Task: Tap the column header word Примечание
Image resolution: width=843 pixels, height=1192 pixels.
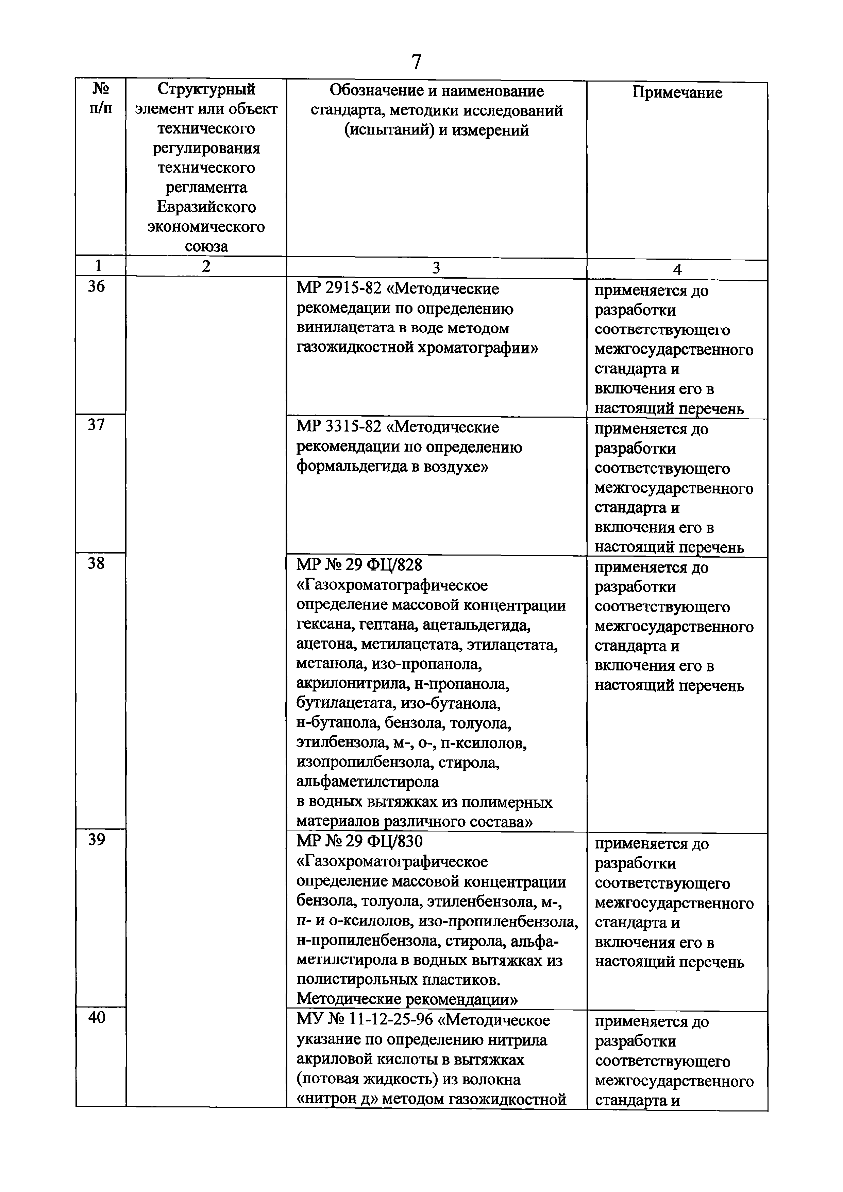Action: click(x=677, y=93)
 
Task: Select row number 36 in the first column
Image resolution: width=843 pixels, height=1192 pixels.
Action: click(x=96, y=286)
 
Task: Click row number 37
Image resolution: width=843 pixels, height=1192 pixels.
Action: click(x=96, y=425)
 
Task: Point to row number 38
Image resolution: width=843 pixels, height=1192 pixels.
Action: click(x=96, y=563)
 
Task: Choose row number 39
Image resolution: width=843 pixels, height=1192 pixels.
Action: click(x=96, y=840)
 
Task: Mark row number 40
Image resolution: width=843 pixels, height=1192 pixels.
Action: click(x=97, y=1018)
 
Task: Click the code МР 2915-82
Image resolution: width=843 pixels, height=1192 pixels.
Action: click(x=339, y=288)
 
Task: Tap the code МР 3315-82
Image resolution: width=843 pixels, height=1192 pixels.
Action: click(x=339, y=427)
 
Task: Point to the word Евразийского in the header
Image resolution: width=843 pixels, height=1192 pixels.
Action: click(x=206, y=207)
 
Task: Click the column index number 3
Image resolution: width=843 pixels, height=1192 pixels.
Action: click(x=436, y=267)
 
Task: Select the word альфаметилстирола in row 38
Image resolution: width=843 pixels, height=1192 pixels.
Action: click(x=367, y=782)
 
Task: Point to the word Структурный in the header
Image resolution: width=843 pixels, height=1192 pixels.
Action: click(x=206, y=89)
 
